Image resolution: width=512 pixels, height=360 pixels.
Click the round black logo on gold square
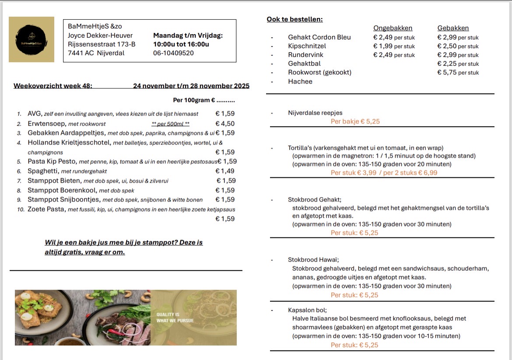(x=32, y=39)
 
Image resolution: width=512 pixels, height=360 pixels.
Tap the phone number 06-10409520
(x=173, y=53)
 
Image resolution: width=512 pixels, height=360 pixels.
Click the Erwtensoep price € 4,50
(x=225, y=124)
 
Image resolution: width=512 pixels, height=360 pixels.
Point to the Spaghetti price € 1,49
(x=225, y=171)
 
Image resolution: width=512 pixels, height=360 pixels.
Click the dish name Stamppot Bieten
(x=54, y=181)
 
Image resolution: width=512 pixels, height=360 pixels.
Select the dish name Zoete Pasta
(x=46, y=209)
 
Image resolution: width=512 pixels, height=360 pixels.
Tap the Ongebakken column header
(x=393, y=28)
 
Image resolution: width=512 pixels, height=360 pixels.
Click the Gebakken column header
(x=453, y=28)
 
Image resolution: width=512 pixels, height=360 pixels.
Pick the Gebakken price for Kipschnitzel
(x=458, y=46)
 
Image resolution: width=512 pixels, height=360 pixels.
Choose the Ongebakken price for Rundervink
(x=394, y=55)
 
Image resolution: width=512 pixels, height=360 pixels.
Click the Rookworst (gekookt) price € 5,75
(x=458, y=73)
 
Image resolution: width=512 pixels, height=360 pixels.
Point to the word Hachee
(x=300, y=81)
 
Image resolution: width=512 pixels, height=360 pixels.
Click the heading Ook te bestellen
(x=295, y=19)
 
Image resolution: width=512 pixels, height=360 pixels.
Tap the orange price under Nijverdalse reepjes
(x=355, y=122)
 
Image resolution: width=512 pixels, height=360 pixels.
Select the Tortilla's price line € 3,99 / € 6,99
(x=384, y=173)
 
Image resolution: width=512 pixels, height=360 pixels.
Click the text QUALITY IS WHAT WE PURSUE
(x=175, y=318)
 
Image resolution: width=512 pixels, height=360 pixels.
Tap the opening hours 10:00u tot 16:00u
(x=181, y=44)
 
